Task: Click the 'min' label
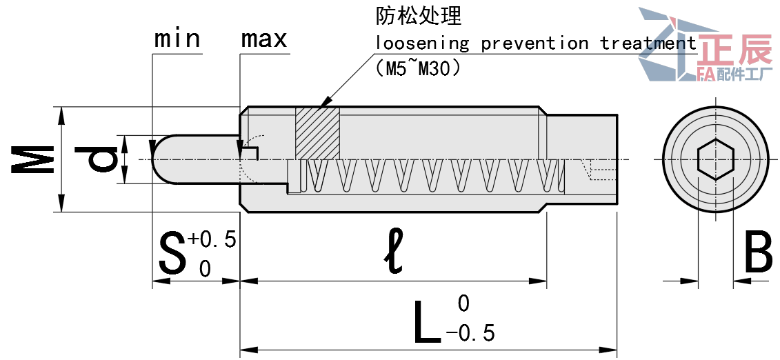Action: pos(177,39)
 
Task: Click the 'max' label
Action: pos(263,39)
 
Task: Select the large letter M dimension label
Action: pos(32,159)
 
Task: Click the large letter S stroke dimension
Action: pos(172,253)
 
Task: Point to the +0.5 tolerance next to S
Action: pos(212,240)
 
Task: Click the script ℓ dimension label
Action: pos(394,252)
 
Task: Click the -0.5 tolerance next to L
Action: pos(471,334)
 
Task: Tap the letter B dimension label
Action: pos(758,253)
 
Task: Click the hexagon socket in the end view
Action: pos(715,159)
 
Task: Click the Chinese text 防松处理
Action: pos(418,16)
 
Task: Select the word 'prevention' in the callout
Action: pos(534,43)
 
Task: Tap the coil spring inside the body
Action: pos(428,176)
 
